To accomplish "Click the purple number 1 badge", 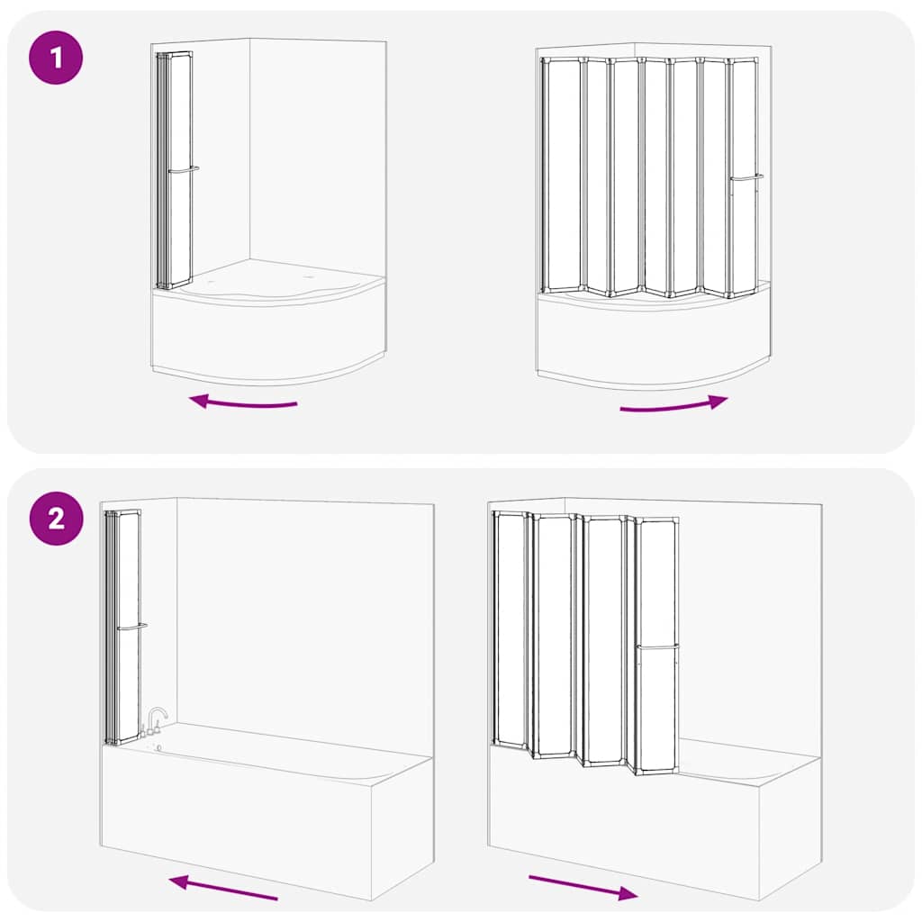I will (x=56, y=59).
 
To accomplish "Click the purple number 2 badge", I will (x=56, y=519).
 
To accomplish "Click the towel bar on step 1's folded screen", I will (x=183, y=169).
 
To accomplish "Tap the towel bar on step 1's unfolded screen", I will (x=746, y=177).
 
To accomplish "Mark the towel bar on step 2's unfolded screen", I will (x=657, y=646).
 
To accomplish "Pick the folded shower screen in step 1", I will (x=174, y=171).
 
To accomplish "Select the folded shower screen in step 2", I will (x=122, y=626).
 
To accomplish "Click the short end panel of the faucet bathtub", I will (x=402, y=828).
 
